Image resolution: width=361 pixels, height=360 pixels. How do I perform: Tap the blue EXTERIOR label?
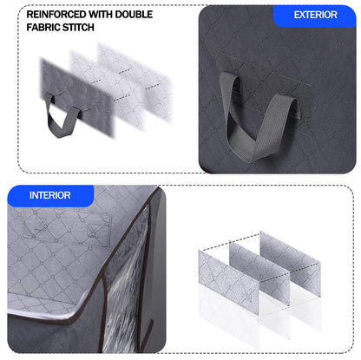(315, 15)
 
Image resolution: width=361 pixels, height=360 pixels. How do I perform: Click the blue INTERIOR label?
(49, 195)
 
